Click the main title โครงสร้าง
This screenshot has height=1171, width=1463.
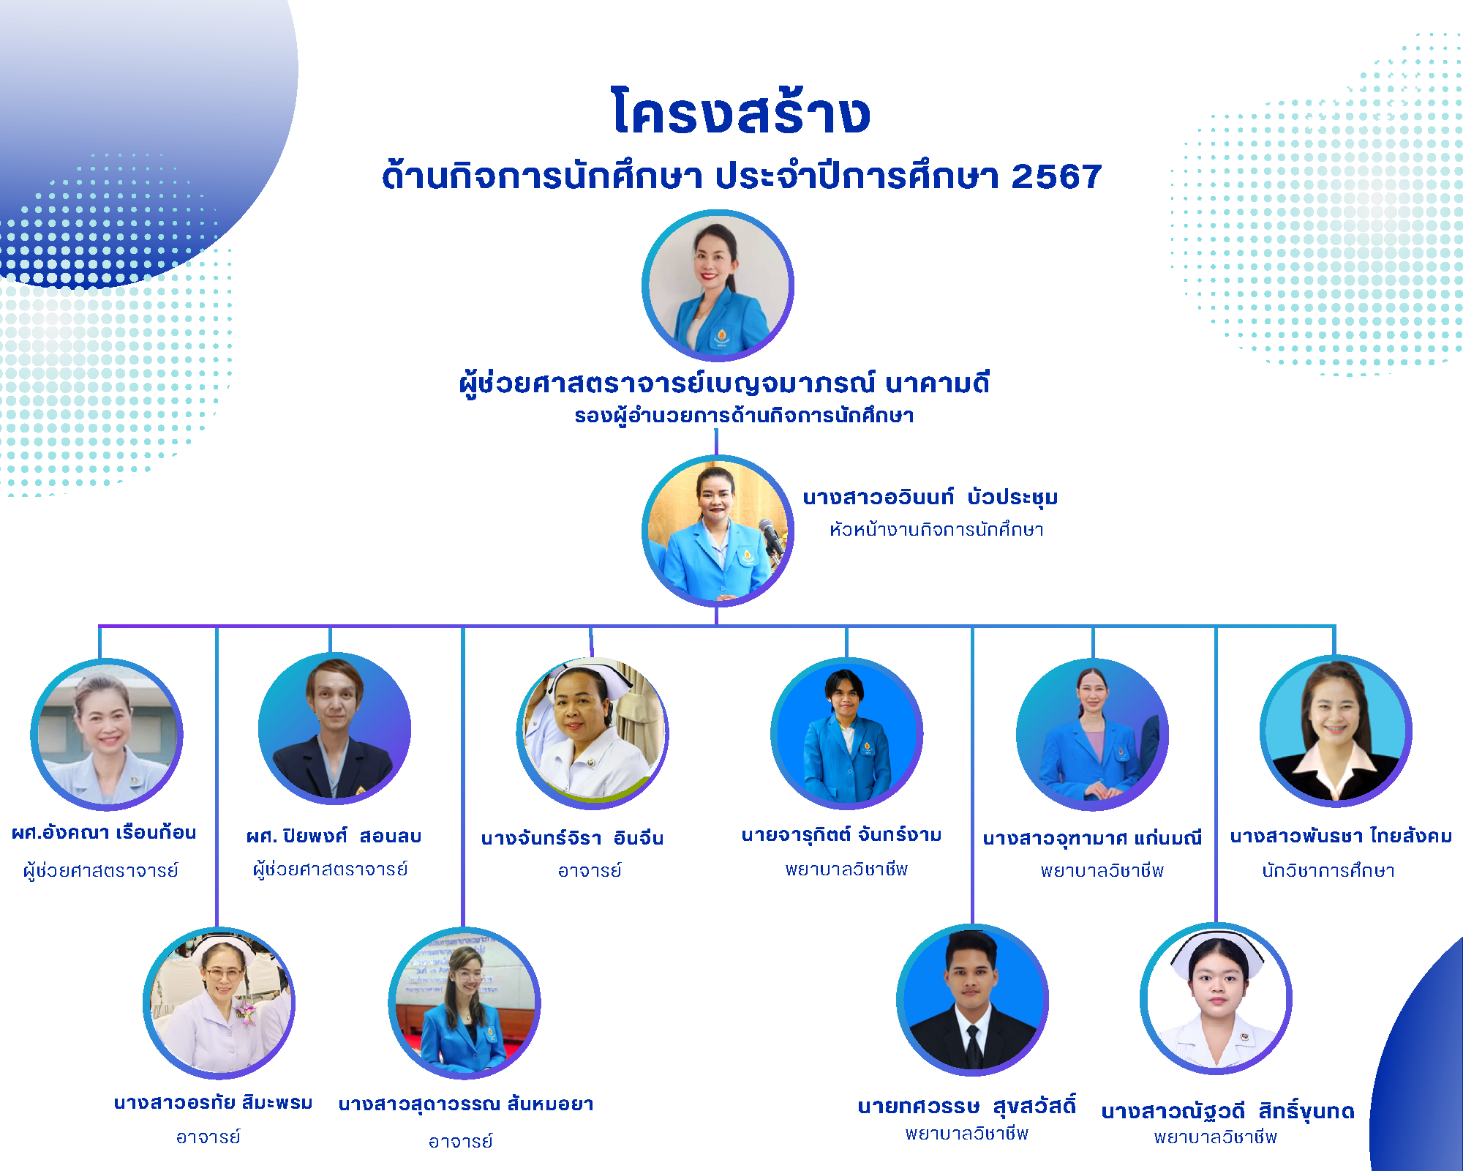click(741, 111)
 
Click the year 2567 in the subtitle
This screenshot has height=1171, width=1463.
click(1056, 176)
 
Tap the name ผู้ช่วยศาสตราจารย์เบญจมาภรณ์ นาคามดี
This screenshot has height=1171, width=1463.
click(724, 384)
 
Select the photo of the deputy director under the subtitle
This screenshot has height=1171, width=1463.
click(718, 285)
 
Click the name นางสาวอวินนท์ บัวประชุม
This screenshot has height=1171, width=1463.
click(930, 498)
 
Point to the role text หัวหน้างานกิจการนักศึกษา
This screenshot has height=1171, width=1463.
click(936, 529)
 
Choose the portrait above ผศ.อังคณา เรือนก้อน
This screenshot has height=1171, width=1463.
click(107, 734)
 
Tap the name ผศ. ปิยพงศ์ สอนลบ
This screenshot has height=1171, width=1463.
click(334, 836)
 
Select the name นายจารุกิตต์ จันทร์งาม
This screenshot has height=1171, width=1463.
click(841, 834)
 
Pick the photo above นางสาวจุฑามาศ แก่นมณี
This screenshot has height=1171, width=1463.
click(1092, 734)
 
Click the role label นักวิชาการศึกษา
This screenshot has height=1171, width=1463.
click(1328, 870)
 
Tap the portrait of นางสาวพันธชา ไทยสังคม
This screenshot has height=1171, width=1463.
click(1336, 730)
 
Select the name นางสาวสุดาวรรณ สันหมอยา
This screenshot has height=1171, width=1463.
click(466, 1104)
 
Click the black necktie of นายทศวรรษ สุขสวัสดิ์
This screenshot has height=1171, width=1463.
click(973, 1047)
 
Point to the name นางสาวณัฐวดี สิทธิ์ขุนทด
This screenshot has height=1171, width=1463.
click(1228, 1111)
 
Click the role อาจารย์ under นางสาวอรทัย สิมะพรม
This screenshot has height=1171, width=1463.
click(208, 1137)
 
